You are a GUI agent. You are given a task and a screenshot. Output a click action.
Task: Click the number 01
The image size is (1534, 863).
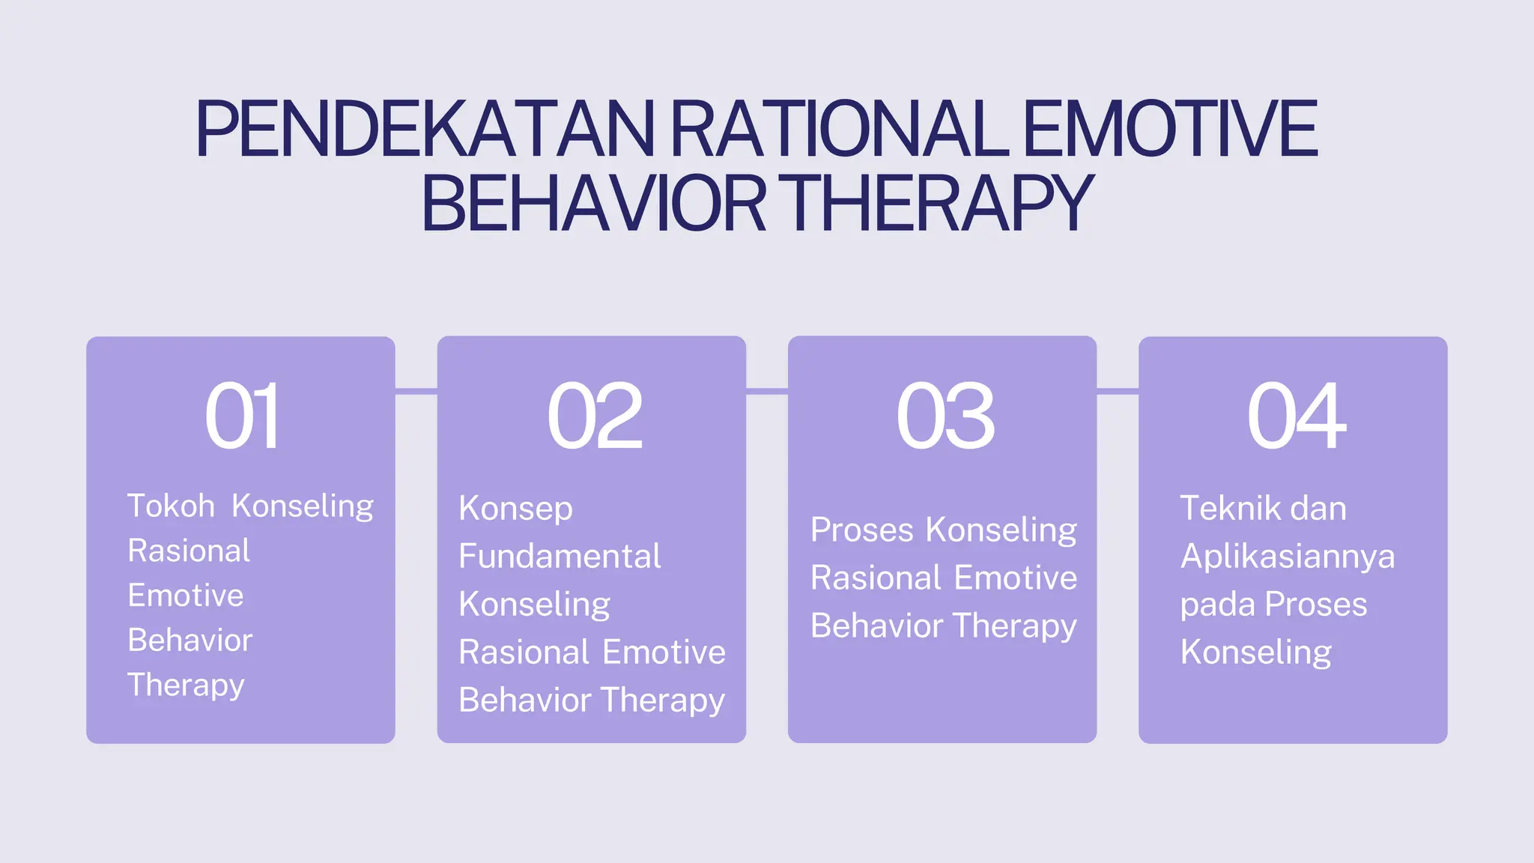pyautogui.click(x=241, y=416)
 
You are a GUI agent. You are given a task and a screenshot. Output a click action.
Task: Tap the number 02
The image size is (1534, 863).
pyautogui.click(x=594, y=416)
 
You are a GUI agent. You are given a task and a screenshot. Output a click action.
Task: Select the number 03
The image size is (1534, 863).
pyautogui.click(x=945, y=416)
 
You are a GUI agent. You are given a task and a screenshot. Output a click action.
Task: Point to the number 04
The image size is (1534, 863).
pyautogui.click(x=1296, y=416)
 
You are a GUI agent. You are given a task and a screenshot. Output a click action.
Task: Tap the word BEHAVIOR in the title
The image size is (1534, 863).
pyautogui.click(x=593, y=203)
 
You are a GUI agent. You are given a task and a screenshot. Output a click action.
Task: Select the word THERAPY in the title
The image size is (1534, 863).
pyautogui.click(x=939, y=203)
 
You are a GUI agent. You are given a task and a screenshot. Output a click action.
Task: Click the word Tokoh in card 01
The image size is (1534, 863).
pyautogui.click(x=172, y=506)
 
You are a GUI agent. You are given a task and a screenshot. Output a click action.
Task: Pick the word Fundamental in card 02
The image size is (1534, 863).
pyautogui.click(x=560, y=556)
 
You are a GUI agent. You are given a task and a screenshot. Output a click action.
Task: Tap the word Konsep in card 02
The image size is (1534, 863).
pyautogui.click(x=515, y=509)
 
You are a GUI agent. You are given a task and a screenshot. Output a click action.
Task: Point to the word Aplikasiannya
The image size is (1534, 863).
pyautogui.click(x=1287, y=557)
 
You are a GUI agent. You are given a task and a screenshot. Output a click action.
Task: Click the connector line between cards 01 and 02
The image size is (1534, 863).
pyautogui.click(x=416, y=391)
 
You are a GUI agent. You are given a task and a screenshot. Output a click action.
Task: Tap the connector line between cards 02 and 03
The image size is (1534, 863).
pyautogui.click(x=766, y=391)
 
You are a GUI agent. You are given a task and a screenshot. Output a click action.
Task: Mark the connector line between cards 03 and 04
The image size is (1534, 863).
pyautogui.click(x=1118, y=391)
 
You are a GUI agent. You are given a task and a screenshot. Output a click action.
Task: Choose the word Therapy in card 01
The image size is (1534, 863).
pyautogui.click(x=186, y=685)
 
